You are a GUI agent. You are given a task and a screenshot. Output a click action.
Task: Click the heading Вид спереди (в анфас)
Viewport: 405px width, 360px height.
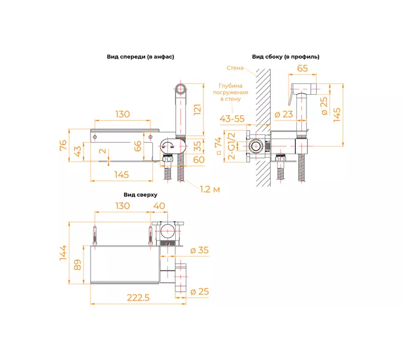[140, 57]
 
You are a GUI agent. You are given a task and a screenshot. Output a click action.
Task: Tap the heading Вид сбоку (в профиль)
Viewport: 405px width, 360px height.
[286, 57]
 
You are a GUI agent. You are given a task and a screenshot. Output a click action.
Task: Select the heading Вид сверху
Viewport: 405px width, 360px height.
[140, 195]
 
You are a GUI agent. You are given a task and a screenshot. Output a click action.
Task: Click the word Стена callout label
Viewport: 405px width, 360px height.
[235, 68]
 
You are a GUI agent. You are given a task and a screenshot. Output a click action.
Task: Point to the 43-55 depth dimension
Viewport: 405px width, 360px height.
[232, 119]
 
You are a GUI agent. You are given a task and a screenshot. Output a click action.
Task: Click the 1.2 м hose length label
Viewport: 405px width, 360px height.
[210, 190]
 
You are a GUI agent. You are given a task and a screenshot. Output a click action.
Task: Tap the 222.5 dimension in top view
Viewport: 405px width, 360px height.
[138, 298]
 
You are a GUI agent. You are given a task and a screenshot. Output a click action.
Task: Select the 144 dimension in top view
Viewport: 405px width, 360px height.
[63, 253]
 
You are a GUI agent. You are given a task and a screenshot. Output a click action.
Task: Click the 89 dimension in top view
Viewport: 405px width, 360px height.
[78, 265]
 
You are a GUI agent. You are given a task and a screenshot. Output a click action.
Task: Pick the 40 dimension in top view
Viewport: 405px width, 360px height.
[159, 206]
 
